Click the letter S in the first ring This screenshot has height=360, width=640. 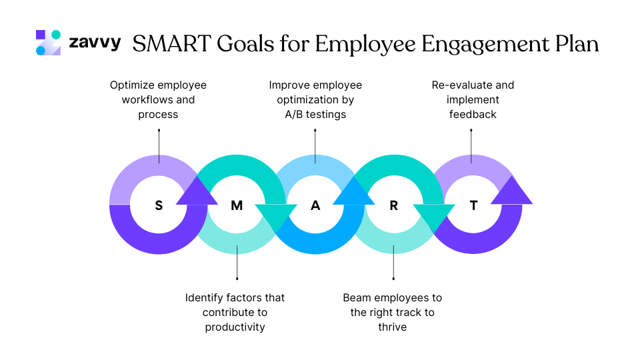(x=159, y=205)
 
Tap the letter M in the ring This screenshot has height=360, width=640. (x=237, y=205)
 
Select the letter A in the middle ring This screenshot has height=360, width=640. (x=315, y=205)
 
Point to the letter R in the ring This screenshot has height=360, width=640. (x=393, y=205)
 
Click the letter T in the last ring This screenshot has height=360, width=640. (x=473, y=205)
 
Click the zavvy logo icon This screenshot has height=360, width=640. (x=48, y=43)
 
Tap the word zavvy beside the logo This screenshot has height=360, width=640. (x=95, y=43)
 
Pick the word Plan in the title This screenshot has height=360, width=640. (x=577, y=44)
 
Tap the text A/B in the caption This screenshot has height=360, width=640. (x=289, y=115)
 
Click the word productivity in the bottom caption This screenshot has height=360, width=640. (x=235, y=327)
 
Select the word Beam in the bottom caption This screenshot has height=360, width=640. (x=357, y=297)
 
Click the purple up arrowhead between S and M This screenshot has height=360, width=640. (x=197, y=192)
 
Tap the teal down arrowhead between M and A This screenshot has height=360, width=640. (x=275, y=217)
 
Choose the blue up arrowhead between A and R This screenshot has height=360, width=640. (x=354, y=192)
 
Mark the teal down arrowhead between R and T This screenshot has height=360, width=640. (x=433, y=217)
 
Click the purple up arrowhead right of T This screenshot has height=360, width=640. (x=511, y=192)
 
